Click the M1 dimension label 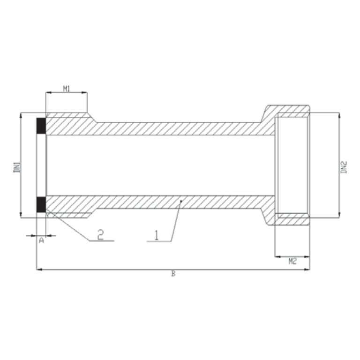[x=67, y=89]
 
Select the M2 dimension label [x=292, y=261]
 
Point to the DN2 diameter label [x=344, y=167]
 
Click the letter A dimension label [x=41, y=240]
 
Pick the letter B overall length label [x=173, y=273]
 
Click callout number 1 [x=157, y=235]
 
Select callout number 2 [x=101, y=235]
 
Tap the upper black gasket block [x=41, y=126]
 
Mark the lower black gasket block [x=41, y=204]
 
